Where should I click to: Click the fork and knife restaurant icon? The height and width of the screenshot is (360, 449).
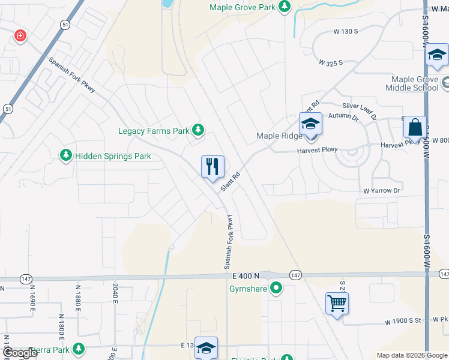212,166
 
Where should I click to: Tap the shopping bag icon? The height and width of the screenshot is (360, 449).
414,127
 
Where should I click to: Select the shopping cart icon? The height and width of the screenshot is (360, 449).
337,303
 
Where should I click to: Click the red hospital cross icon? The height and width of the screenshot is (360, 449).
20,35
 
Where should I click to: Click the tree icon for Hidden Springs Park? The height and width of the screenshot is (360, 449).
65,156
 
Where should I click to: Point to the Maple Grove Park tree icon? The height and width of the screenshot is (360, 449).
284,7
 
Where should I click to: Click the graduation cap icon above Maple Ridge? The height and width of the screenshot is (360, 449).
310,124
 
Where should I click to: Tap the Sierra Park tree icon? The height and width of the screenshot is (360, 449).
78,349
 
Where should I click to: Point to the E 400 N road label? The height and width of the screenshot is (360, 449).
246,275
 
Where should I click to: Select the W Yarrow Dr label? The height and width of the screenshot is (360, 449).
381,191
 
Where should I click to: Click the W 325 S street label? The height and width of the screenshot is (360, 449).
331,62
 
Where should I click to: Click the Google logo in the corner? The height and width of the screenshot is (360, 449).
19,353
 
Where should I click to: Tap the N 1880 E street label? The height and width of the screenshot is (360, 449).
77,305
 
